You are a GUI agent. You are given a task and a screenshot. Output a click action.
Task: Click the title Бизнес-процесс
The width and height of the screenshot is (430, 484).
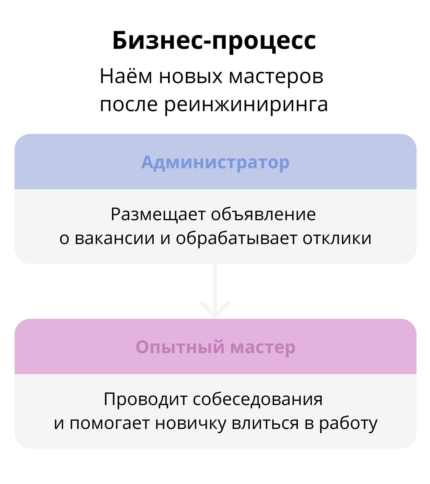click(x=214, y=41)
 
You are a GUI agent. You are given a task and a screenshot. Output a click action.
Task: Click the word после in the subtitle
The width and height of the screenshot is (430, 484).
click(x=129, y=105)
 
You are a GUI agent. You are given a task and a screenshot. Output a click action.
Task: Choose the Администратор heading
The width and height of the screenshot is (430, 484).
click(x=215, y=163)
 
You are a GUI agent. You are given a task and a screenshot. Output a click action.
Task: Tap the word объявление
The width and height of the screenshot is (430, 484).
click(x=263, y=214)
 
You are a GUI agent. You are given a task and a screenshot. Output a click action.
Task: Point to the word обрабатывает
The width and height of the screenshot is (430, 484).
click(x=237, y=238)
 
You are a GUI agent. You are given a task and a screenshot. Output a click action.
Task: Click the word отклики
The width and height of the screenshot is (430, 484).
click(x=337, y=238)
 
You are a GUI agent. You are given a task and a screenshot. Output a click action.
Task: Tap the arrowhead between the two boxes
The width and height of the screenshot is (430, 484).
click(x=215, y=310)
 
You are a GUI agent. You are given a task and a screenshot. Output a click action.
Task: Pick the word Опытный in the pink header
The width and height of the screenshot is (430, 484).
click(x=180, y=347)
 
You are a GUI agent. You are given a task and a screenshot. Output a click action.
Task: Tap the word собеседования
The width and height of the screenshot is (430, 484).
click(x=258, y=399)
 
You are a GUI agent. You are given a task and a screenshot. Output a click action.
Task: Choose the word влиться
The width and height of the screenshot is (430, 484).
click(x=265, y=423)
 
